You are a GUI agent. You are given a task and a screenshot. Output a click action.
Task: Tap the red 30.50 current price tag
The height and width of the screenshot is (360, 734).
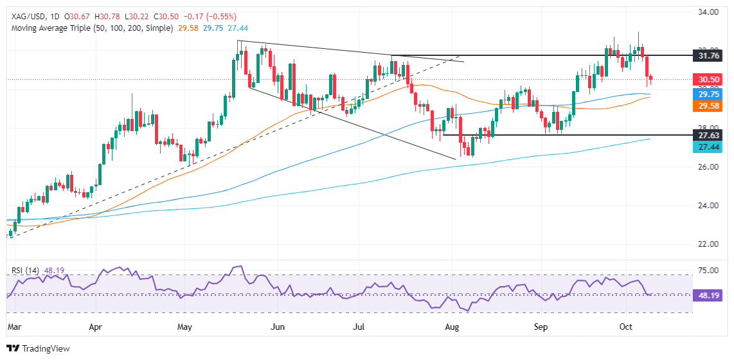point(710,80)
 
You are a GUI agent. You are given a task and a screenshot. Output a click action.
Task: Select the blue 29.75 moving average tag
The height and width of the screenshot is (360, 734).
point(710,94)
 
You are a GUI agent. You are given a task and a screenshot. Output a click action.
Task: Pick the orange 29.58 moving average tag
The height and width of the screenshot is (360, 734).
point(710,108)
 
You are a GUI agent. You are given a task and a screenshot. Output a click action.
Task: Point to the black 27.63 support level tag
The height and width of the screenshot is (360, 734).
point(710,135)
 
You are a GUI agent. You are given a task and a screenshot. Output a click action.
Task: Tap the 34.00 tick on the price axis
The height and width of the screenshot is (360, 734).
point(710,12)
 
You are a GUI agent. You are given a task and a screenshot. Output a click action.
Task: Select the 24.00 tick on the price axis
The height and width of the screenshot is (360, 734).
point(710,206)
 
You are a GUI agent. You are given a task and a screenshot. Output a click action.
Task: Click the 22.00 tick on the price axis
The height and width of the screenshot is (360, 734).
point(710,244)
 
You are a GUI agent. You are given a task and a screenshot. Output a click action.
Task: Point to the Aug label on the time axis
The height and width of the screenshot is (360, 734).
point(452,327)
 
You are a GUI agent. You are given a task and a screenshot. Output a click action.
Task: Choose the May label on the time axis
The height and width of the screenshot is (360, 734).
point(184,327)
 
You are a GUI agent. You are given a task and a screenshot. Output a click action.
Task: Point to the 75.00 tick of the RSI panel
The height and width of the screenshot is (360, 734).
point(710,271)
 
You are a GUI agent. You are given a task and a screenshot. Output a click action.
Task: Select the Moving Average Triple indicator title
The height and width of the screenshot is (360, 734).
point(90,28)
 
